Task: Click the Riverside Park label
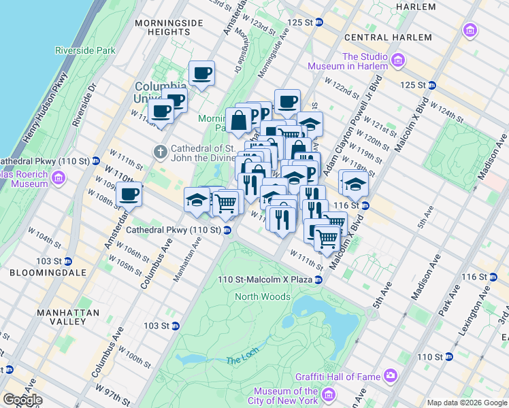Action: [86, 50]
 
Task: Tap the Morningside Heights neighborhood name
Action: [169, 29]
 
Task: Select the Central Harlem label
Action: [388, 37]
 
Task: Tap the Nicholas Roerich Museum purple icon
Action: [59, 178]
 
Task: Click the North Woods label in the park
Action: [263, 296]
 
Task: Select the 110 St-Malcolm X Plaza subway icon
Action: [318, 279]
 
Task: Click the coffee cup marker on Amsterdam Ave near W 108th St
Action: [129, 194]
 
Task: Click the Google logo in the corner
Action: [22, 400]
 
